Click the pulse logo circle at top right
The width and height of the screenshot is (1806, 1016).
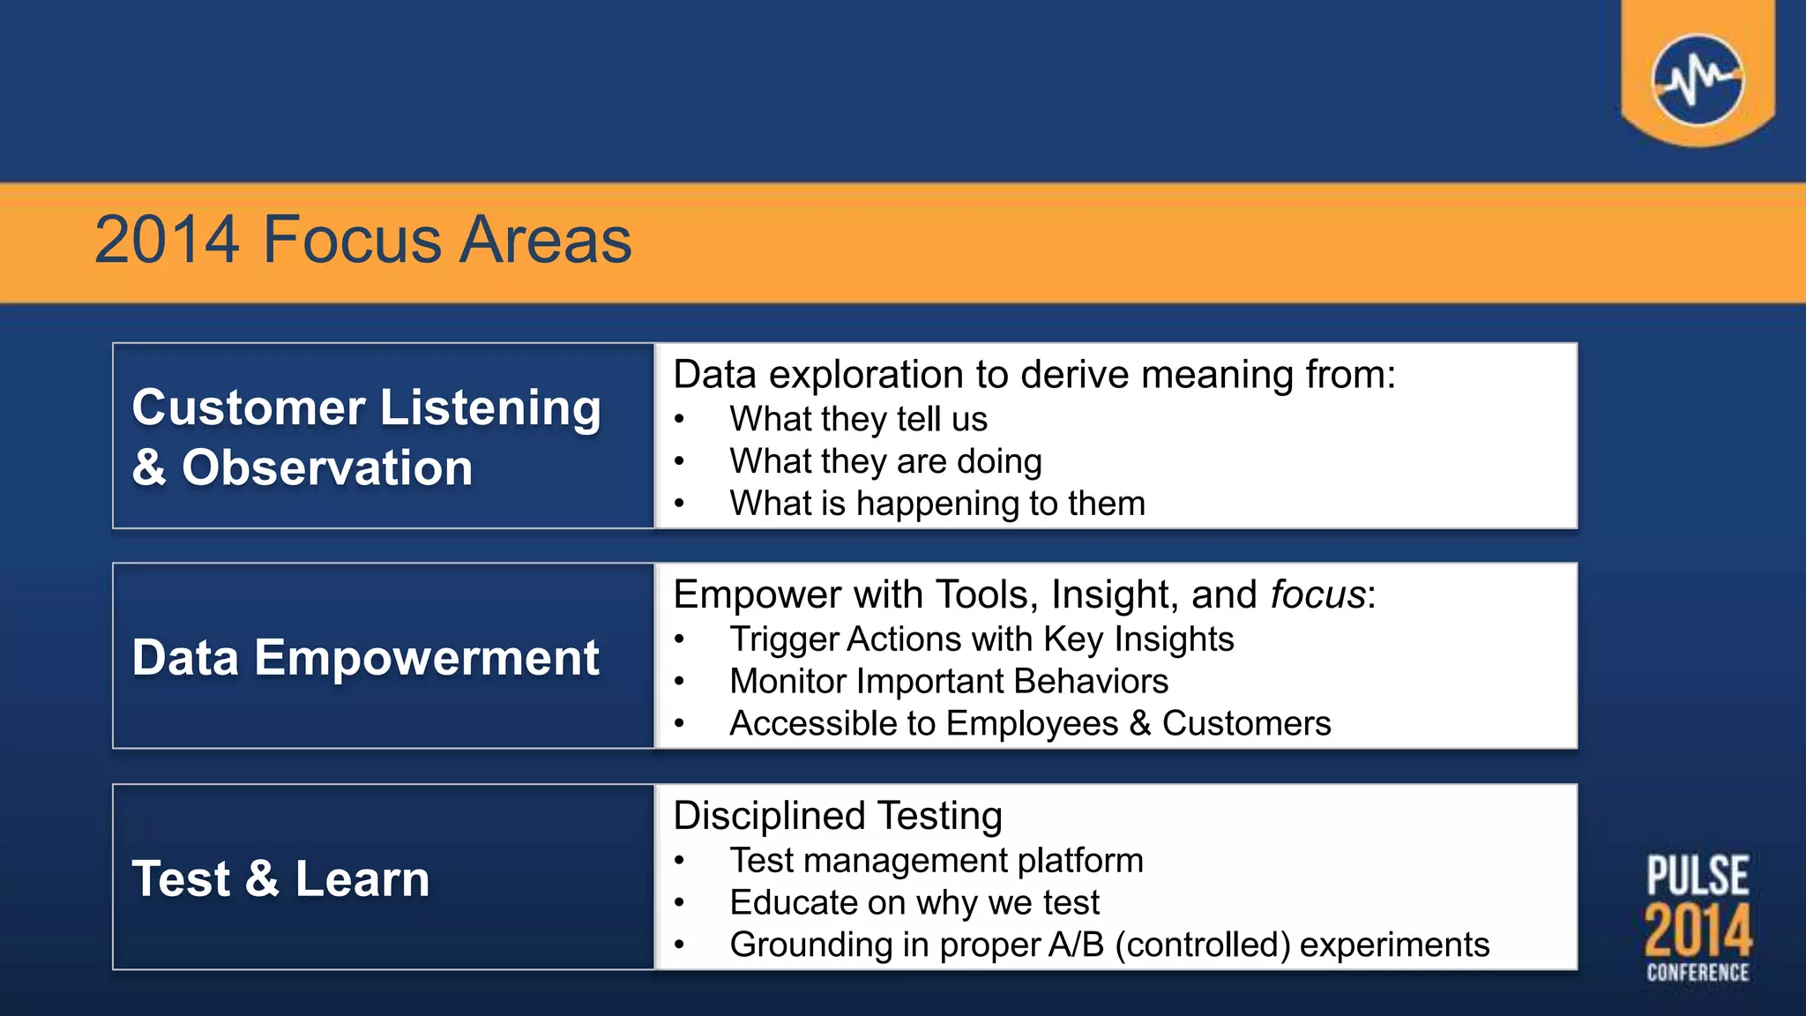[1698, 80]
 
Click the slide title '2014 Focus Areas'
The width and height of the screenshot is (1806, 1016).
[362, 240]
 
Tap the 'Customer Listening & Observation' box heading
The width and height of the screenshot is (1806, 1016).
[366, 437]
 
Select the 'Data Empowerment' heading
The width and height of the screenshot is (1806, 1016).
[366, 658]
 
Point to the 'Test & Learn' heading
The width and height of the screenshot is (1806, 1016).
[280, 879]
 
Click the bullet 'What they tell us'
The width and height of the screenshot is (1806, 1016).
[858, 419]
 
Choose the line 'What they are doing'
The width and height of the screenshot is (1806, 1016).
[885, 461]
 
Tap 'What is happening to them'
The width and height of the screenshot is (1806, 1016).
[937, 504]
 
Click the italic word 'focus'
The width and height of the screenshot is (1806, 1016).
[1317, 594]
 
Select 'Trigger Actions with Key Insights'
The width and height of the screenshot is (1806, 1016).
[981, 639]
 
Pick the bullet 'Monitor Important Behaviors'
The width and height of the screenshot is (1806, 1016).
[948, 682]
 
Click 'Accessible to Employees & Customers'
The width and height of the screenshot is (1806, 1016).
[1029, 724]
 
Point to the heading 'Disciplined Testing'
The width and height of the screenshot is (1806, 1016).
[838, 816]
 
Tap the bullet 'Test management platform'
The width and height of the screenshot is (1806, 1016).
[936, 861]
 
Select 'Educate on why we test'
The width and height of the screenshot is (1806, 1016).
[914, 903]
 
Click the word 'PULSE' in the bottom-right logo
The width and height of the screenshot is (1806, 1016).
[1698, 876]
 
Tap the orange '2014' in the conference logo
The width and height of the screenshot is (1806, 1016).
[1698, 930]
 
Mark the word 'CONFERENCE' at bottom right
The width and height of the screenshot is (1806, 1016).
[1698, 973]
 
